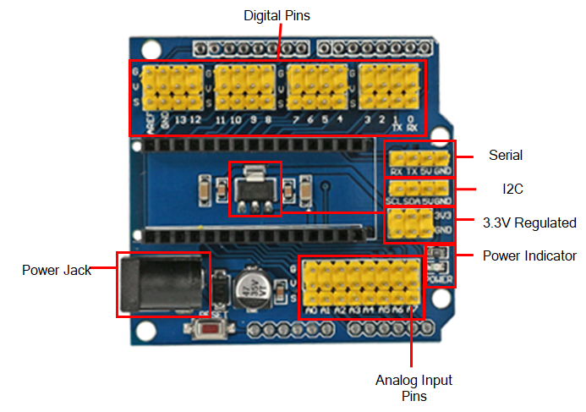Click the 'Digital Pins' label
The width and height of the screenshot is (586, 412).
click(x=277, y=15)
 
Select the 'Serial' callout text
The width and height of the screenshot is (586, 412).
click(x=506, y=156)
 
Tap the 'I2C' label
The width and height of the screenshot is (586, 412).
click(x=512, y=189)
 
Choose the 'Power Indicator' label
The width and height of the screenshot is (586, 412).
click(x=529, y=255)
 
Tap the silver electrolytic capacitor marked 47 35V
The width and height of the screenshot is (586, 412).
click(x=251, y=285)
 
